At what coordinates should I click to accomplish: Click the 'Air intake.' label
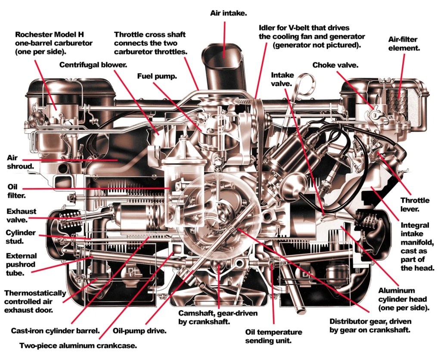[x=228, y=13]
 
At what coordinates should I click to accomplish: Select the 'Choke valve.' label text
[x=335, y=65]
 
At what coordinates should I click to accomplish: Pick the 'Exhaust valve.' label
[x=21, y=215]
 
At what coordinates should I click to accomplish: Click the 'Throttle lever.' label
[x=415, y=205]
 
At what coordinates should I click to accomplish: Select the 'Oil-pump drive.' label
[x=139, y=332]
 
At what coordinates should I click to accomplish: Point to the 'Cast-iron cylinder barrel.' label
[x=56, y=332]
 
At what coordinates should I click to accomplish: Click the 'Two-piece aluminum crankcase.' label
[x=78, y=345]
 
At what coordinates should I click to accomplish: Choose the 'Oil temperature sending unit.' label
[x=273, y=336]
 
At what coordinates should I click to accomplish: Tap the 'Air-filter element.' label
[x=404, y=43]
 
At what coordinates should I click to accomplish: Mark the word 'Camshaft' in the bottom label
[x=193, y=313]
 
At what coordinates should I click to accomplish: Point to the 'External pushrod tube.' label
[x=21, y=264]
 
